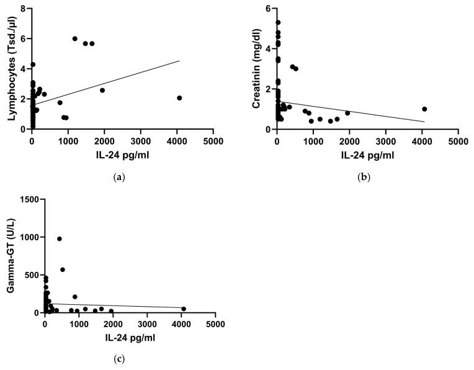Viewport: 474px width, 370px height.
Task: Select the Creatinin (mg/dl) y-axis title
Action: [255, 69]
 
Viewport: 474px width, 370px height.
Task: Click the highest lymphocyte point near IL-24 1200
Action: [75, 38]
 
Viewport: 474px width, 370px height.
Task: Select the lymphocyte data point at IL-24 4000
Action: [179, 98]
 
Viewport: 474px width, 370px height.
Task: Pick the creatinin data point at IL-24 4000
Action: [424, 109]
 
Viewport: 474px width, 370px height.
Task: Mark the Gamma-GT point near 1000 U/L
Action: [60, 239]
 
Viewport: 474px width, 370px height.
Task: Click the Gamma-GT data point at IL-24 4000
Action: [184, 309]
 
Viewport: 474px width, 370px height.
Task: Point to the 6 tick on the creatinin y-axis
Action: [267, 9]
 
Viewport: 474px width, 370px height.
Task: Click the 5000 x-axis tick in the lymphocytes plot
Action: [213, 140]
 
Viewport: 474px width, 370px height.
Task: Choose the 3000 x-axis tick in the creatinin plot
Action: [385, 140]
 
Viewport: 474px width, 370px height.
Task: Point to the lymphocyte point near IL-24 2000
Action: [102, 90]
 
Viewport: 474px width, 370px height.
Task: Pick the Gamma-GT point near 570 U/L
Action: [63, 269]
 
